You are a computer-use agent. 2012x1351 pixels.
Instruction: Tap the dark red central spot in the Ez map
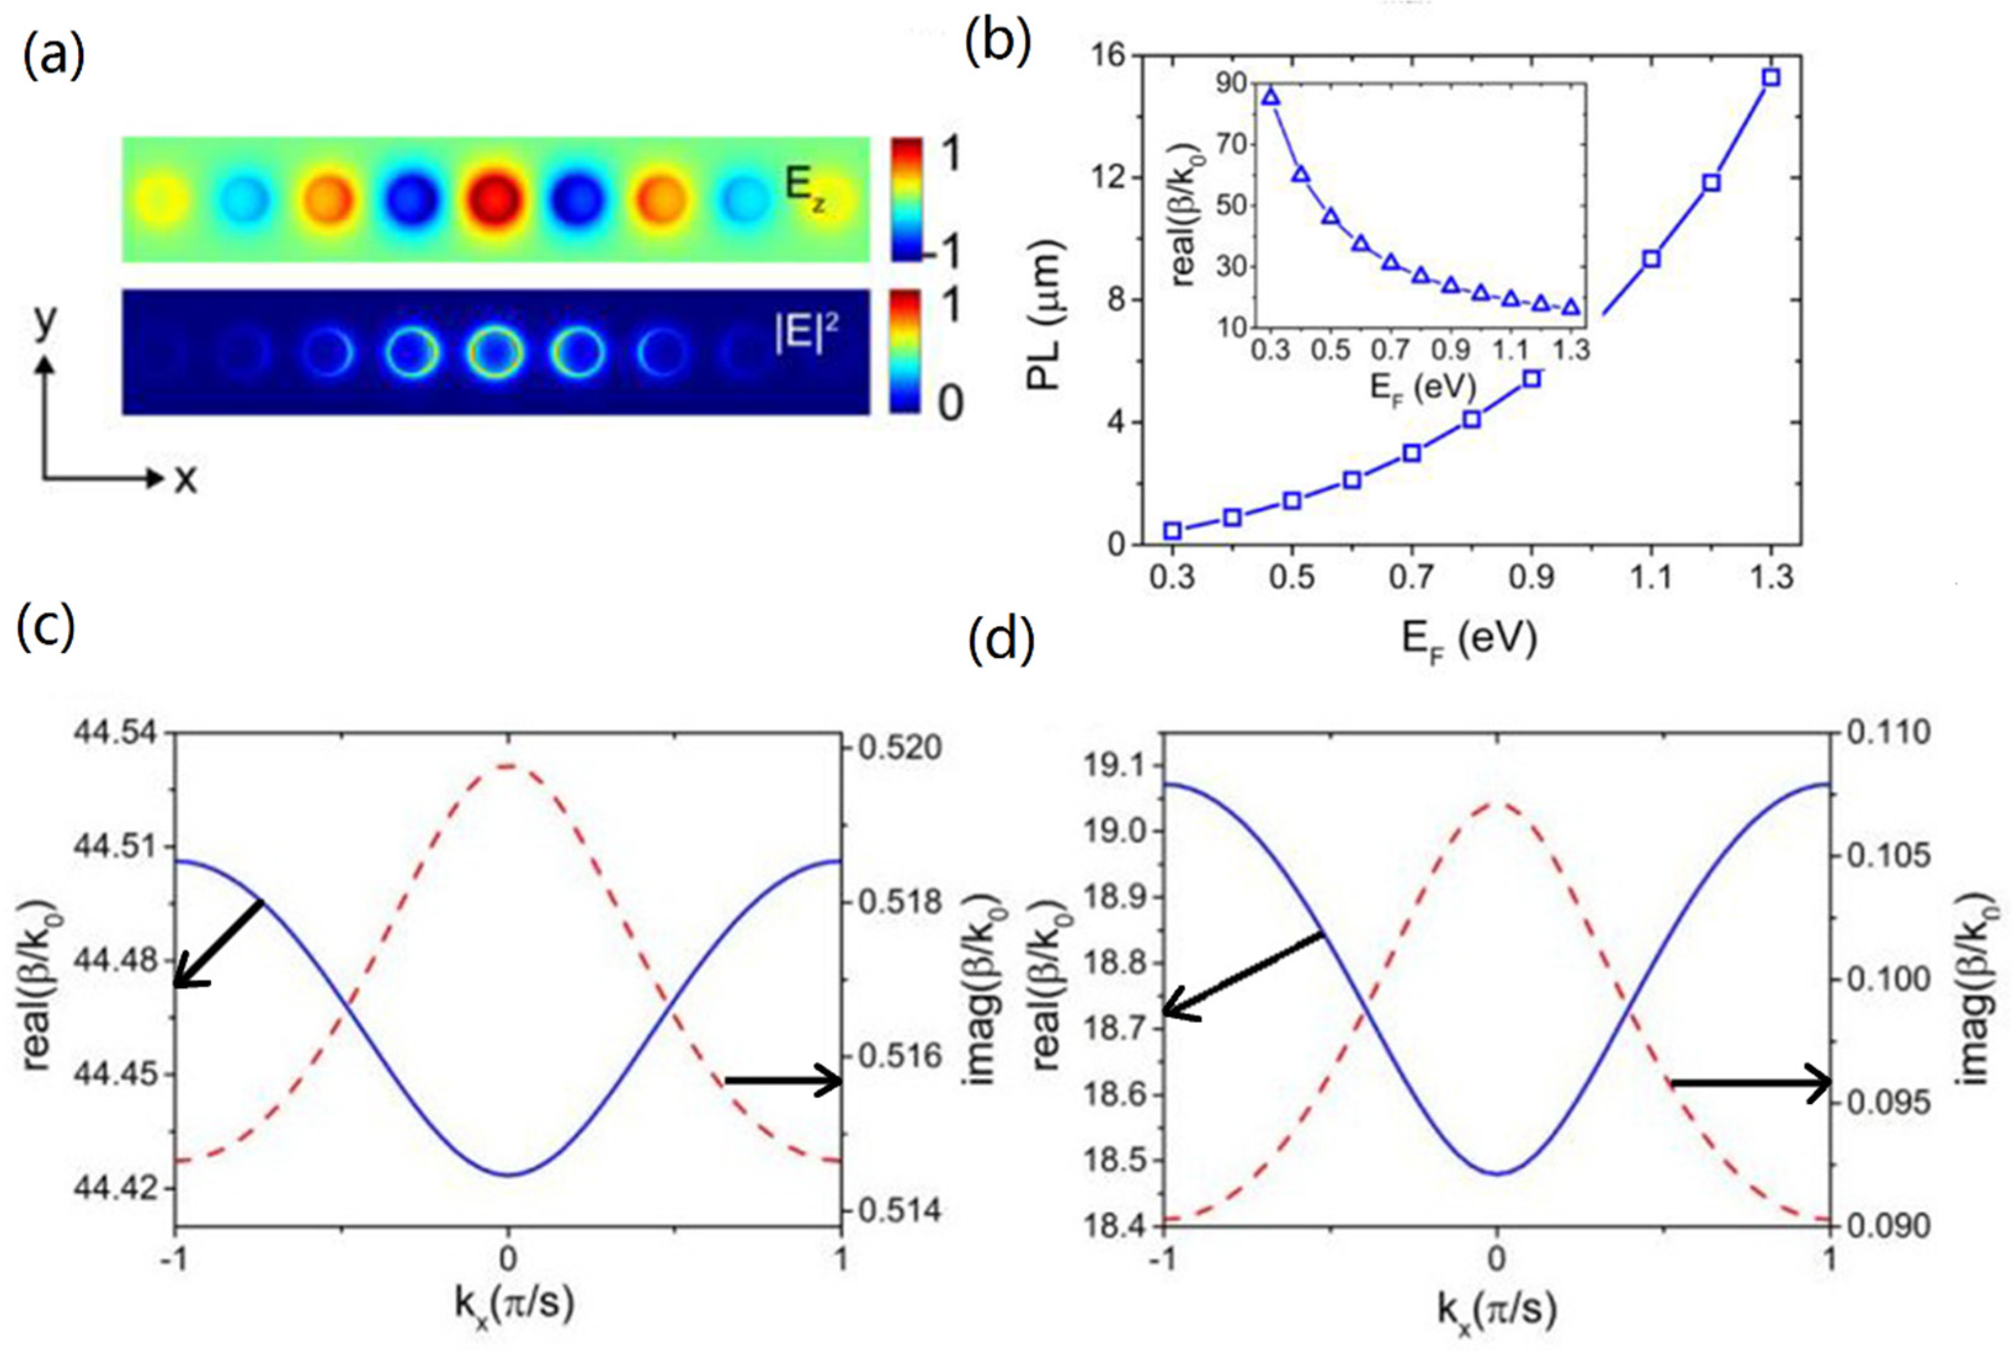pyautogui.click(x=496, y=198)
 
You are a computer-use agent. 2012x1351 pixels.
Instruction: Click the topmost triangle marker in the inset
pyautogui.click(x=1271, y=97)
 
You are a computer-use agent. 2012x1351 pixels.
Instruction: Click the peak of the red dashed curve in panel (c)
pyautogui.click(x=509, y=765)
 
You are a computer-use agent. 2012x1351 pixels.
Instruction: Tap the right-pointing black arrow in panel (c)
pyautogui.click(x=784, y=1080)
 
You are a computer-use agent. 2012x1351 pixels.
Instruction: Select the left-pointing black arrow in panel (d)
pyautogui.click(x=1241, y=974)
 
